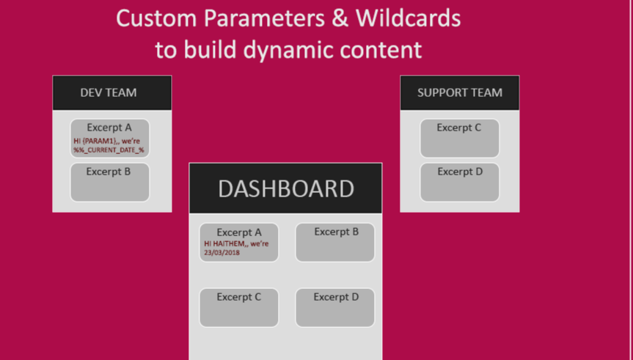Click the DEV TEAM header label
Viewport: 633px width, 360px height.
pyautogui.click(x=109, y=93)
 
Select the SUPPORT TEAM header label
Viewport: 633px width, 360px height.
pyautogui.click(x=460, y=93)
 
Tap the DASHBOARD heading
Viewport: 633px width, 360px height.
pyautogui.click(x=285, y=188)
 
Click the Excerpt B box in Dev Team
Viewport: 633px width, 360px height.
pyautogui.click(x=109, y=183)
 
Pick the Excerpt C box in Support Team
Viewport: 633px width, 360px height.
pyautogui.click(x=459, y=139)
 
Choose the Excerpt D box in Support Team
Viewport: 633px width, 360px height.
pyautogui.click(x=459, y=183)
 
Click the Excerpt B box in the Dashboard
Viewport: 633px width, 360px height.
pyautogui.click(x=335, y=243)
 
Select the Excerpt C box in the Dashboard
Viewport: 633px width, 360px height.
pyautogui.click(x=239, y=308)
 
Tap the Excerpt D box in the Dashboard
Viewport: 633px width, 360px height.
pyautogui.click(x=335, y=308)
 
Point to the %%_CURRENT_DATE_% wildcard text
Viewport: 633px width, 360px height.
pyautogui.click(x=109, y=150)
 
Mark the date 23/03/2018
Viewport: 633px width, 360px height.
pyautogui.click(x=222, y=252)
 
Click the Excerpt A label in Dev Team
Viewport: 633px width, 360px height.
pyautogui.click(x=109, y=128)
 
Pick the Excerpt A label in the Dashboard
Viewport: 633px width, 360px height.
pyautogui.click(x=239, y=232)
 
